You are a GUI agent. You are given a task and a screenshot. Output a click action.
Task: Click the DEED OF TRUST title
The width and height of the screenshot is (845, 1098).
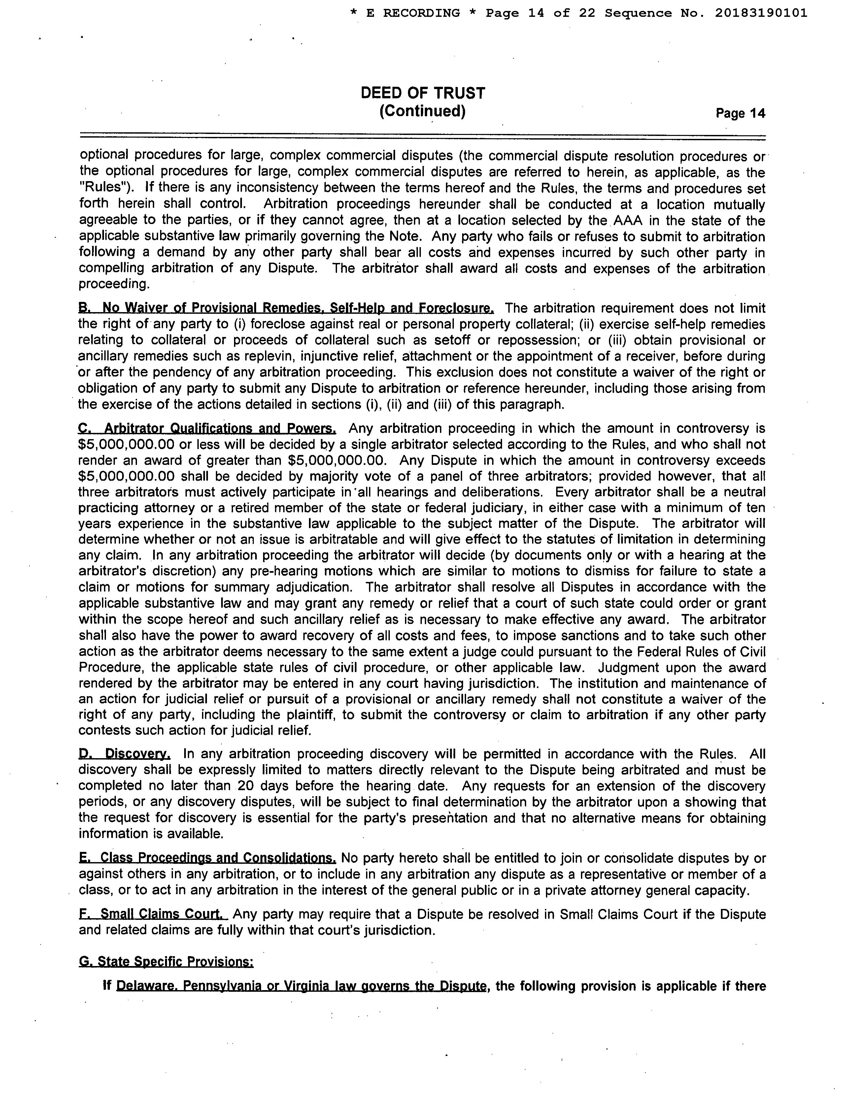click(422, 93)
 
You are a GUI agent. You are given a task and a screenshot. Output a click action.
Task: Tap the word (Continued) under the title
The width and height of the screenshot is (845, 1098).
click(422, 111)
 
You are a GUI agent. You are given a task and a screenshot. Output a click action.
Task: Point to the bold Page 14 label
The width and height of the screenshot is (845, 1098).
click(740, 113)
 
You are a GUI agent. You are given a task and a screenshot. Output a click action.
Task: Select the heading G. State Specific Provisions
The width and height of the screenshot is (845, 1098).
click(166, 962)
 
